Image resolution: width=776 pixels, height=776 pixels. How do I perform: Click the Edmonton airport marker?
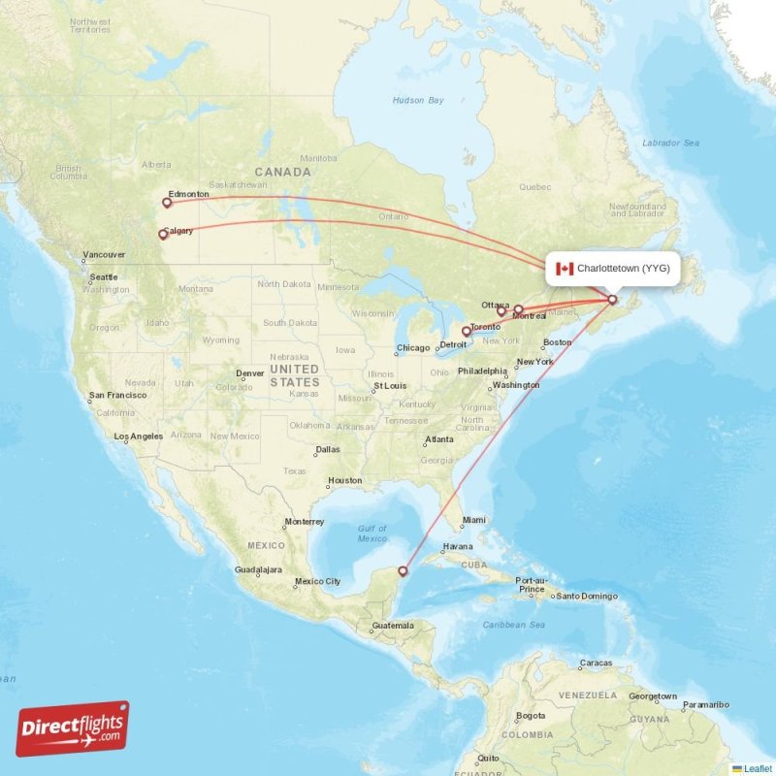[x=167, y=203]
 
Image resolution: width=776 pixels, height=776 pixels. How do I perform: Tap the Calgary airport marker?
[x=163, y=234]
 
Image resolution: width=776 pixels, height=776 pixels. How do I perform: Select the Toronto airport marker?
[x=467, y=331]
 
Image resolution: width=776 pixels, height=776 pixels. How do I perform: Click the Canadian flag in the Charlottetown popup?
[x=565, y=268]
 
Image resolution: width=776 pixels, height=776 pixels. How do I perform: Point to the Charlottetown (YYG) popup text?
[x=623, y=268]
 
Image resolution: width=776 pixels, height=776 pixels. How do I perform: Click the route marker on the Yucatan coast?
[x=404, y=571]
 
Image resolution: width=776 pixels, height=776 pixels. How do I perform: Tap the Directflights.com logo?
[x=73, y=728]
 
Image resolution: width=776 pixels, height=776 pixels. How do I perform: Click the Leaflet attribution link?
[x=756, y=768]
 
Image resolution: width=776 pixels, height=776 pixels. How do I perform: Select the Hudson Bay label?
[x=418, y=100]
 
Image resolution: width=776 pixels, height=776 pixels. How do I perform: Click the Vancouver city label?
[x=104, y=255]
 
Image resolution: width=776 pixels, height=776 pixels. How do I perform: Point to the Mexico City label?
[x=318, y=582]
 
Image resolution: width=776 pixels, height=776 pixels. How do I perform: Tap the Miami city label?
[x=474, y=520]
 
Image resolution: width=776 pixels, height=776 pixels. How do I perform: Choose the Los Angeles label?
[x=140, y=436]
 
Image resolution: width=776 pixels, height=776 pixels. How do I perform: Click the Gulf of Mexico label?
[x=372, y=533]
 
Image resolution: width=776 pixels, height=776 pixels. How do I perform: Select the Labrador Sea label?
[x=670, y=143]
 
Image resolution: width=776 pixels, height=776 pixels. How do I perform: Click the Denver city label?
[x=250, y=373]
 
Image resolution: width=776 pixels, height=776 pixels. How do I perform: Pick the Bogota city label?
[x=530, y=716]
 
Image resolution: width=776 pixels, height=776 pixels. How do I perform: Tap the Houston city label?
[x=344, y=480]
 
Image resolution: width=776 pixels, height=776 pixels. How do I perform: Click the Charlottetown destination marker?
[x=612, y=300]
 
